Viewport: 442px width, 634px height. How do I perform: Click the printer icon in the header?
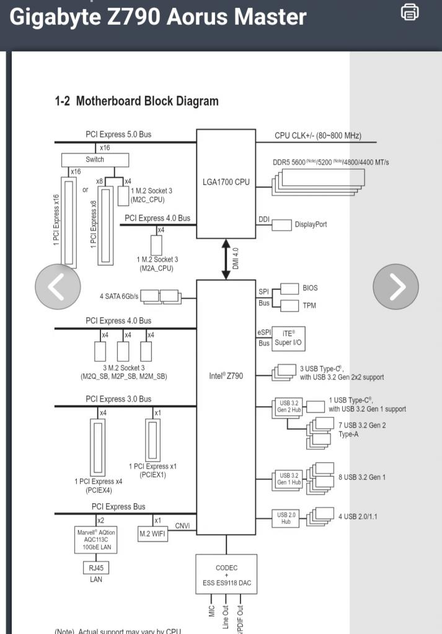tap(410, 12)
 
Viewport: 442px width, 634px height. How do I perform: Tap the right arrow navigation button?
tap(396, 287)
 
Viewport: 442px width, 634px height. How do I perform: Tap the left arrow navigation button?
tap(58, 287)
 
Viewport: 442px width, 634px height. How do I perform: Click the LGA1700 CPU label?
tap(226, 182)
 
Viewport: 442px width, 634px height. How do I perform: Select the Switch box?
tap(95, 160)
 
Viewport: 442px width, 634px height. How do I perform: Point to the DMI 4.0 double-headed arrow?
tap(226, 259)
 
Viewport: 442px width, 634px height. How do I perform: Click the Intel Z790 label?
tap(226, 376)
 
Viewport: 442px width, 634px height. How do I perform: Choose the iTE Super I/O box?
tap(288, 339)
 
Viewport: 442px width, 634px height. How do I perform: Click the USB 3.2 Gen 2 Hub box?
tap(289, 406)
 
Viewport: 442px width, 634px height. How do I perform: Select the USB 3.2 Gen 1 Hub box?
tap(289, 479)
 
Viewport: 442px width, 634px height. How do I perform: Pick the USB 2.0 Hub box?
tap(286, 518)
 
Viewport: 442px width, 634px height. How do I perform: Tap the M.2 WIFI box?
tap(152, 534)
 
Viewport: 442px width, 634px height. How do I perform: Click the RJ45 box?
tap(96, 568)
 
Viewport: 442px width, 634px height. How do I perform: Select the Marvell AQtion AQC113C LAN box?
tap(96, 540)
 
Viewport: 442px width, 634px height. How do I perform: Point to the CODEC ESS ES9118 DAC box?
tap(226, 574)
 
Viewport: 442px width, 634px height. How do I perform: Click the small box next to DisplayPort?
tap(281, 225)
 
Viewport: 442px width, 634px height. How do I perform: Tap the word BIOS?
tap(310, 288)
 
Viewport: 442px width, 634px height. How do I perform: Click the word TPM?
tap(309, 306)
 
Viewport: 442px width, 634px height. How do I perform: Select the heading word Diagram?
tap(199, 101)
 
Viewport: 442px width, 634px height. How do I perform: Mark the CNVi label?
tap(182, 526)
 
